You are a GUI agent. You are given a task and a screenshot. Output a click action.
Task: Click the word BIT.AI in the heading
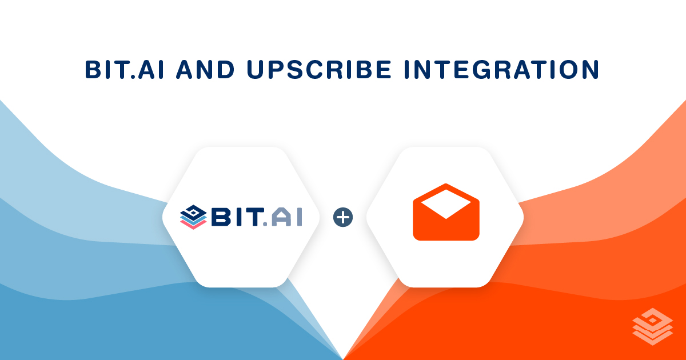125,70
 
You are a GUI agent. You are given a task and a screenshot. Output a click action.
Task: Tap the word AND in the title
205,70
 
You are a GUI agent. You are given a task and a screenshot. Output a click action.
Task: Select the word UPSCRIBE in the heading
319,70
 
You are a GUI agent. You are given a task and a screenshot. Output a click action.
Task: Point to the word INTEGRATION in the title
501,70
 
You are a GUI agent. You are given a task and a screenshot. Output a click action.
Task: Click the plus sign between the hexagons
343,217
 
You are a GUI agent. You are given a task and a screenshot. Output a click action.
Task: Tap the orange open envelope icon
446,212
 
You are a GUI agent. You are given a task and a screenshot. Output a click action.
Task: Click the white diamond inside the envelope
446,204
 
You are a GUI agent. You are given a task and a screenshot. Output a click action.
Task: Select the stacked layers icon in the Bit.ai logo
193,217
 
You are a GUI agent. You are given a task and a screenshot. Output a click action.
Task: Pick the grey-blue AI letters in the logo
286,217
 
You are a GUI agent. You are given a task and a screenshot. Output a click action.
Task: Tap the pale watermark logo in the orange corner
653,326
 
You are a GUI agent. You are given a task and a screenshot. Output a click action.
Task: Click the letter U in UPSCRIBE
256,70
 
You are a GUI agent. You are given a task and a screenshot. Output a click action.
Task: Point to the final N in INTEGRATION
589,70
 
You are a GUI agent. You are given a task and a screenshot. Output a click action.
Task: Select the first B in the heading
93,70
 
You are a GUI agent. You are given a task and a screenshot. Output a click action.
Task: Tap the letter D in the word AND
225,70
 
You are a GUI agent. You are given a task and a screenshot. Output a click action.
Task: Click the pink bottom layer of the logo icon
193,225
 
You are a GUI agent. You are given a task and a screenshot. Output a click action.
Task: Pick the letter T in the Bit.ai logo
256,217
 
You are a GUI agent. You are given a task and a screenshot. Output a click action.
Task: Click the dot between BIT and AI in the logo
265,224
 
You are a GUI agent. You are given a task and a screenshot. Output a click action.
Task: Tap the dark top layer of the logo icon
193,211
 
